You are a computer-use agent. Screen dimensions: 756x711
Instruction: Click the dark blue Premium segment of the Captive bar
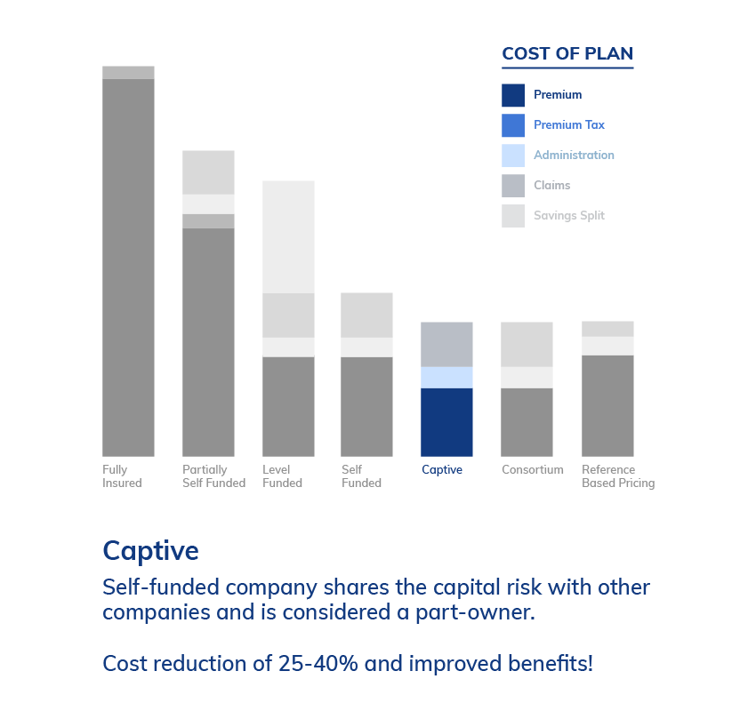click(x=446, y=422)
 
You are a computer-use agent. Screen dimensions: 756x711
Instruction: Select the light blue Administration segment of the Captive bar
click(x=446, y=378)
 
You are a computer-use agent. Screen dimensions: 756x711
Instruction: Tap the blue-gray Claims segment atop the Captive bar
click(x=446, y=345)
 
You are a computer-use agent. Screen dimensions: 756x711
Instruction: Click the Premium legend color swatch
click(x=513, y=95)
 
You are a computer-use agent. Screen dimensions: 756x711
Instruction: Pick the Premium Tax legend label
click(x=569, y=124)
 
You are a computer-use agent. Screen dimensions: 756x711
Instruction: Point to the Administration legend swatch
click(x=513, y=156)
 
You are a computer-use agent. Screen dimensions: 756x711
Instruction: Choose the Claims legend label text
click(x=551, y=185)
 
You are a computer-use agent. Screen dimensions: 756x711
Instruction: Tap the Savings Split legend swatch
click(x=513, y=216)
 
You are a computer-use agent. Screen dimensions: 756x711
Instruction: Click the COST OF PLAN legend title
click(x=567, y=53)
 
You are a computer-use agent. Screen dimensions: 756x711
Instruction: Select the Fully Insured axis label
click(x=122, y=476)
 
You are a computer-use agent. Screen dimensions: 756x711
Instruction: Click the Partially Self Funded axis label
click(x=213, y=476)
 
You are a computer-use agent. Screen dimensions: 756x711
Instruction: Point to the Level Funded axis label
click(x=282, y=476)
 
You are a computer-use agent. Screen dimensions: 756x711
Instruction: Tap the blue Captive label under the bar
click(x=442, y=469)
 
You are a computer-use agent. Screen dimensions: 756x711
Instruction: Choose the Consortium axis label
click(x=532, y=469)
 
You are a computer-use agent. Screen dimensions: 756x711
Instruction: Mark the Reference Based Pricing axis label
click(x=618, y=476)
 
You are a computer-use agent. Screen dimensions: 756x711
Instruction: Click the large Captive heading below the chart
click(x=150, y=551)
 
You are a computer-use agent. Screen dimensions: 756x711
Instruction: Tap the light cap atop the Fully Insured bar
click(x=128, y=72)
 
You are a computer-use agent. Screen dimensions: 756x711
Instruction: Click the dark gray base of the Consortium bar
click(x=527, y=422)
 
